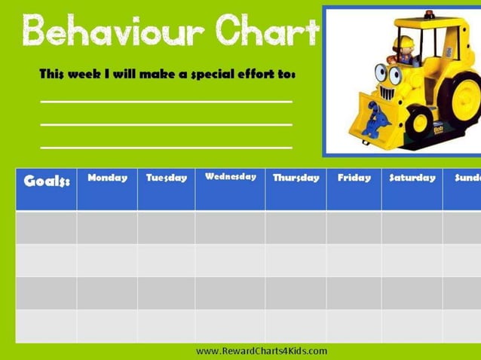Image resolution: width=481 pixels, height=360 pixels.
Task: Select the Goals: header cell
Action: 46,182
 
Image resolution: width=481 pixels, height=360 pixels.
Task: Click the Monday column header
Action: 107,178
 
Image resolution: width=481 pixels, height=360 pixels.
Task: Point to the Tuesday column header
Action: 166,178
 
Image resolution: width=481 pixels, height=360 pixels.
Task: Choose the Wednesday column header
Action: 230,177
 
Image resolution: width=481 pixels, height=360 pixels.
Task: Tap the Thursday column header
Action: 296,178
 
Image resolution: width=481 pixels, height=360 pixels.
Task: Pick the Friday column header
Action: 354,178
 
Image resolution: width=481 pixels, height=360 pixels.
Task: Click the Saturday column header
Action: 412,178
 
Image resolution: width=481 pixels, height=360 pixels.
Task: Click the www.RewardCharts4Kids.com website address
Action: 261,351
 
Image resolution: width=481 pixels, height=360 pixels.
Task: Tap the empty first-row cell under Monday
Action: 107,227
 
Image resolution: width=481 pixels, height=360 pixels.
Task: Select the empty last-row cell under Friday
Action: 354,326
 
